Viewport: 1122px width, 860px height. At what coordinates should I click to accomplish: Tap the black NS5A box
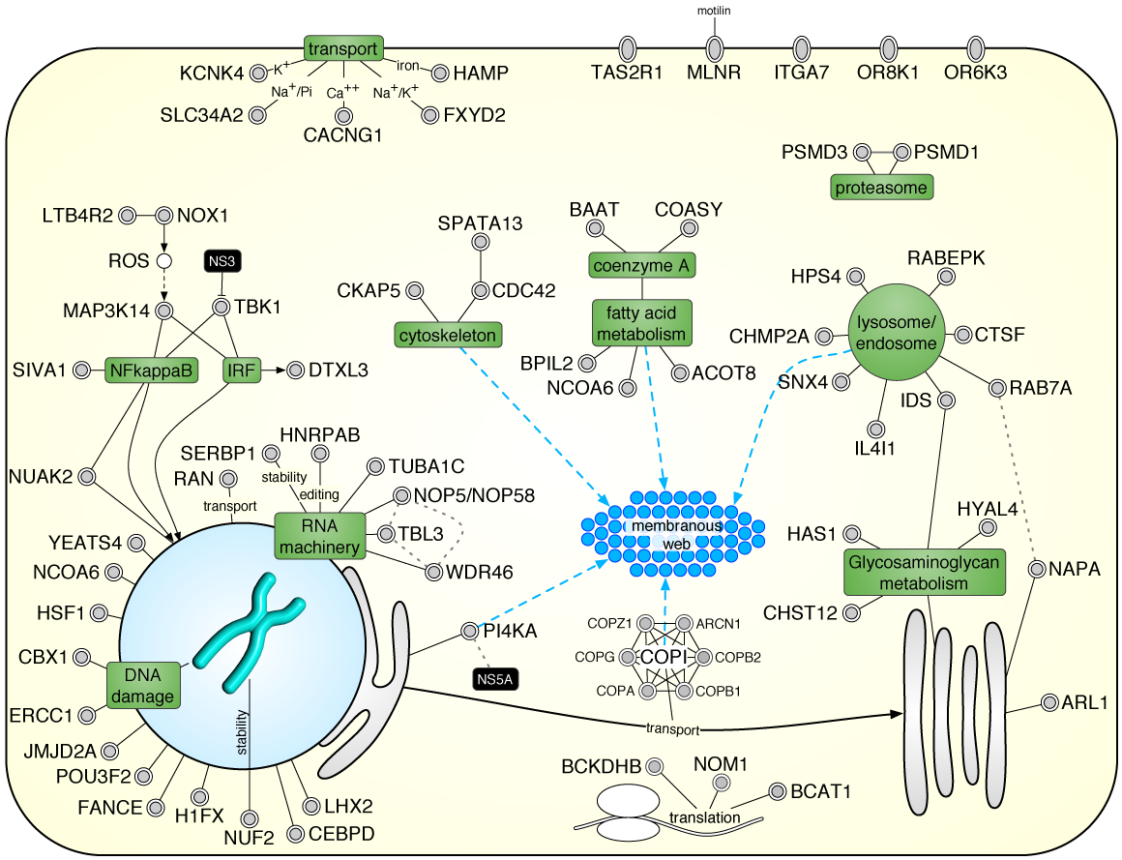tap(495, 680)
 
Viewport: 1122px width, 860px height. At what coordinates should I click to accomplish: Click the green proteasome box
tap(881, 187)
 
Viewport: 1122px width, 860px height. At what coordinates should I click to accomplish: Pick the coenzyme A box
tap(643, 264)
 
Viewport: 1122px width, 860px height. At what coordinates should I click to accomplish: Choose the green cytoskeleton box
tap(448, 336)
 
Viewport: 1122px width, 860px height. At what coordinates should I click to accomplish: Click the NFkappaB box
tap(144, 369)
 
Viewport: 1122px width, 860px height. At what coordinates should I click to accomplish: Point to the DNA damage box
tap(142, 684)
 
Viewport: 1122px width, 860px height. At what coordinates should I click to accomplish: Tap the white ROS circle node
tap(163, 261)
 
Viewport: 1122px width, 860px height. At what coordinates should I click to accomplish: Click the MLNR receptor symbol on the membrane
tap(715, 47)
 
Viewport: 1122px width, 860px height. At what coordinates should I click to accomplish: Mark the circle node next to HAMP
tap(440, 73)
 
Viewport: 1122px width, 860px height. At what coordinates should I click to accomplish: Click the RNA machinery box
tap(316, 536)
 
